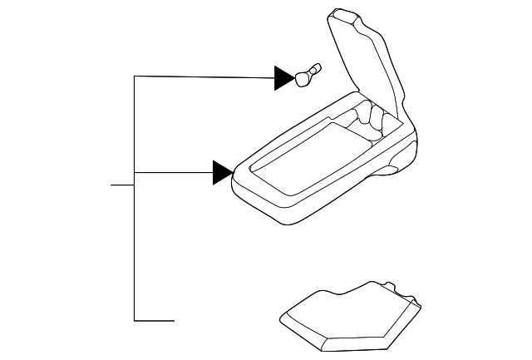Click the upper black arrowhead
284,78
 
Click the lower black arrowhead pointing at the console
222,172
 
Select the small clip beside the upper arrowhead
305,75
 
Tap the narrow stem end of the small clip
316,67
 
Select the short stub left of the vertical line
122,184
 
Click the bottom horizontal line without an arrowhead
155,320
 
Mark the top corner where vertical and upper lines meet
134,77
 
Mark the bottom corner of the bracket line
134,320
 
